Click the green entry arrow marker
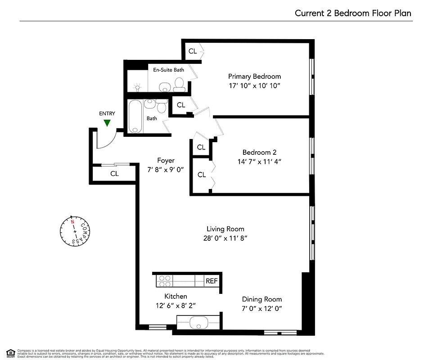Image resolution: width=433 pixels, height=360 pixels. click(107, 123)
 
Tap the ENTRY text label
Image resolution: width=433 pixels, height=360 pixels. click(107, 114)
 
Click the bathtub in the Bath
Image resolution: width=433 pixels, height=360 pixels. click(135, 117)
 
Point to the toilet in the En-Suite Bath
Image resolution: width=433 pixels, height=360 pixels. click(179, 84)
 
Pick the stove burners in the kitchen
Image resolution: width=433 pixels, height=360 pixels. click(163, 281)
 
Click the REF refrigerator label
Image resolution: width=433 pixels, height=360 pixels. click(212, 281)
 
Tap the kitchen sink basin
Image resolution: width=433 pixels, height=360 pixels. click(198, 322)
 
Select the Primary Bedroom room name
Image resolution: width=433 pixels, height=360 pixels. click(254, 76)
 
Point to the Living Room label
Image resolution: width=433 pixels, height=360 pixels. click(225, 229)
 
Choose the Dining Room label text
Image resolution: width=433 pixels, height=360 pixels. click(262, 299)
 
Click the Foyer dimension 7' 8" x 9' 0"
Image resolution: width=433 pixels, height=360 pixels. click(166, 170)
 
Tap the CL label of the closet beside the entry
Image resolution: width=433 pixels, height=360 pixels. click(114, 174)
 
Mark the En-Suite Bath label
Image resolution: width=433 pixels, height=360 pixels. click(168, 70)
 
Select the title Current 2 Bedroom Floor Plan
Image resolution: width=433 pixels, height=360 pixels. click(353, 13)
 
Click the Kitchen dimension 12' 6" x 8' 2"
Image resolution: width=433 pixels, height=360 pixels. click(176, 306)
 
